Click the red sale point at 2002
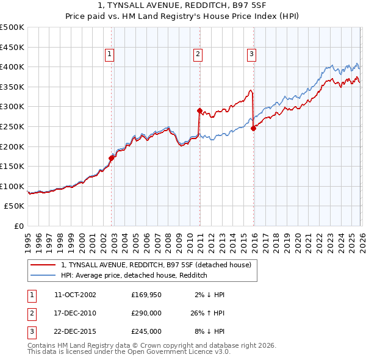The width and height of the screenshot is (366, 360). click(x=111, y=158)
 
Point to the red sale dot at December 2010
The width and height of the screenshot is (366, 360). click(x=199, y=110)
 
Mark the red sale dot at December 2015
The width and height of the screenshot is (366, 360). click(x=253, y=128)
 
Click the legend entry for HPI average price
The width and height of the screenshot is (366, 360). click(x=134, y=275)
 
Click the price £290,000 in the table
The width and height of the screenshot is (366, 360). click(x=146, y=313)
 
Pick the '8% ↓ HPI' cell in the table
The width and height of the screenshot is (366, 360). click(x=209, y=331)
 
